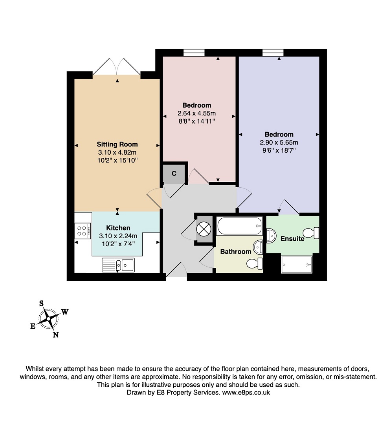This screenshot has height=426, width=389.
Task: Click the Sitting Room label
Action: coord(117,144)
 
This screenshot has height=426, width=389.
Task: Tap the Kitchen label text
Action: coord(118,228)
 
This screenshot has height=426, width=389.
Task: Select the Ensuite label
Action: coord(292,239)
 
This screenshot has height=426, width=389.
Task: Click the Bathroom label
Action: coord(235,252)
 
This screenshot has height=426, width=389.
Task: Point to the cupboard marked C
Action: coord(174,173)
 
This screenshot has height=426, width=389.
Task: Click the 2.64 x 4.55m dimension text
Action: coord(196,113)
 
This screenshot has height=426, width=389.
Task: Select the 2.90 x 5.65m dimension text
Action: coord(279,143)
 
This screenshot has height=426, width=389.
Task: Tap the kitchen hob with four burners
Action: coord(83,231)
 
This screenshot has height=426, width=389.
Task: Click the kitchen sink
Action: coord(118,265)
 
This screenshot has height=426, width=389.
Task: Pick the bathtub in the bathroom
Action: coord(239,226)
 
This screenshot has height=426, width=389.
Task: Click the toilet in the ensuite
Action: coord(311,233)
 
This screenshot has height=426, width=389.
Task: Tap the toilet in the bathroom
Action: coord(255,263)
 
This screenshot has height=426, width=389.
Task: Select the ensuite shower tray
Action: coord(296,264)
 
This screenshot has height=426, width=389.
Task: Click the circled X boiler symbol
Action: coord(204,229)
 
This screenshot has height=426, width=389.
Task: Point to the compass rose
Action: coord(48,319)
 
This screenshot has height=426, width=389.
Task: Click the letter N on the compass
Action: coord(56,335)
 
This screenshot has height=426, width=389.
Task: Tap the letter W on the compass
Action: coord(65,312)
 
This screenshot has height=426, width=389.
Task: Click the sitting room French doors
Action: coord(117,67)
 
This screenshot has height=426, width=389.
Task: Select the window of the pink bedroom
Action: coord(194,53)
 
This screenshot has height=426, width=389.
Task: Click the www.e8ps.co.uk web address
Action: coord(246,392)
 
